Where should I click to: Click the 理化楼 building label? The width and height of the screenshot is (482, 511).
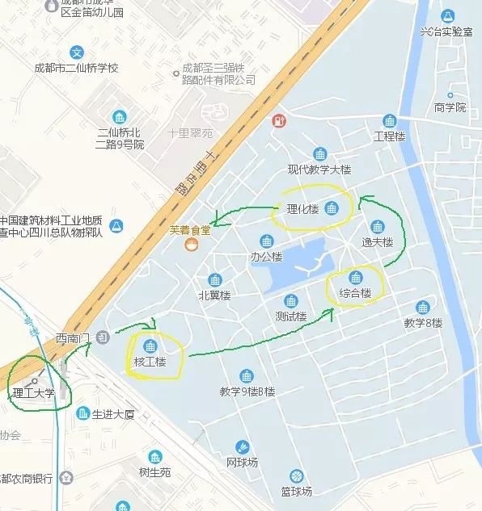click(x=302, y=210)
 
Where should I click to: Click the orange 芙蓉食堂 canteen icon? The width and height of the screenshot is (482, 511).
click(x=190, y=244)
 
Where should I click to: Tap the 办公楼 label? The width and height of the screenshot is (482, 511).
click(x=266, y=257)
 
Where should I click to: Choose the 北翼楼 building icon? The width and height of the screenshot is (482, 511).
click(x=215, y=280)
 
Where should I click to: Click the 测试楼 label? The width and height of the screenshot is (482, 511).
click(x=290, y=316)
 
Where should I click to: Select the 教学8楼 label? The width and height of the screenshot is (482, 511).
click(x=423, y=323)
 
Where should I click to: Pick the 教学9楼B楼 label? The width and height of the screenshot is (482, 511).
click(x=247, y=392)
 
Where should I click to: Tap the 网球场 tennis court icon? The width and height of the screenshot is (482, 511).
click(x=242, y=447)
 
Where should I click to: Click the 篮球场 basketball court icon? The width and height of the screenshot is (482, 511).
click(x=297, y=475)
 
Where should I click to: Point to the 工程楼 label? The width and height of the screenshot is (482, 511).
click(x=389, y=136)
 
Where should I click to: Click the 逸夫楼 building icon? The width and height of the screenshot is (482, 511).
click(x=377, y=227)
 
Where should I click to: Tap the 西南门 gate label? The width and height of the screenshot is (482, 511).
click(x=71, y=337)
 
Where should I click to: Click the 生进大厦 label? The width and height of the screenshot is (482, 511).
click(x=112, y=414)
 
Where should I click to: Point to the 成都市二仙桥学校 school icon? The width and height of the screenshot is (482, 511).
click(x=77, y=52)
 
